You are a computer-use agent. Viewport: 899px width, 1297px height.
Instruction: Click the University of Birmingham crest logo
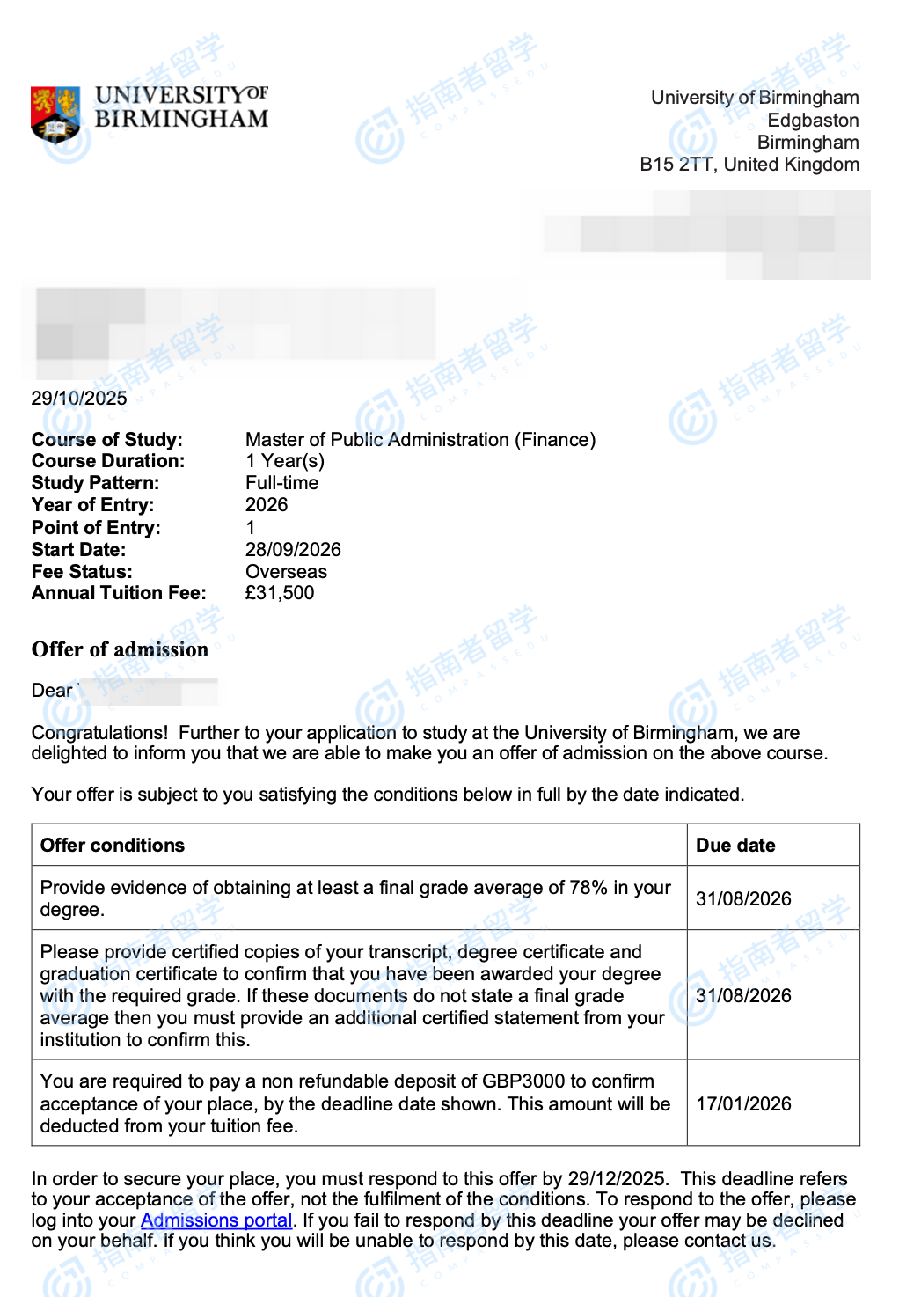tap(55, 114)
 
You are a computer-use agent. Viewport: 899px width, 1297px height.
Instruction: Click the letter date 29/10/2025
tap(79, 399)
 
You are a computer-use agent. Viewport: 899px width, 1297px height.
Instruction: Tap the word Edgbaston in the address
tap(813, 121)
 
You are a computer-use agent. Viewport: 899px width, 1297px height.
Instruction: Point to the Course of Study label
tap(107, 440)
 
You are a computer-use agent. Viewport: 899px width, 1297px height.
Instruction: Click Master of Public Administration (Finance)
tap(420, 440)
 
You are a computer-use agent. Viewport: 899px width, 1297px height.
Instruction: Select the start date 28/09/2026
tap(293, 550)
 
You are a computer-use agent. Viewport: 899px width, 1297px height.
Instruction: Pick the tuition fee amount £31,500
tap(280, 593)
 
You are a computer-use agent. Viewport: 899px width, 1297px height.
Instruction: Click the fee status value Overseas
tap(286, 572)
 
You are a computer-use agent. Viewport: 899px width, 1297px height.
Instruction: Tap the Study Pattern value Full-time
tap(281, 483)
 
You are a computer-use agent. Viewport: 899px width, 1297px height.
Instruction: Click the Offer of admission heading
tap(120, 649)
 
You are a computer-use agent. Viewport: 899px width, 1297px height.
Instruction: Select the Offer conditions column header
tap(113, 846)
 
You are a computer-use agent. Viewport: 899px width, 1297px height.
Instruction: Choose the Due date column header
tap(735, 846)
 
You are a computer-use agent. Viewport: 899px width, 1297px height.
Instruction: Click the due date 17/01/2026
tap(743, 1104)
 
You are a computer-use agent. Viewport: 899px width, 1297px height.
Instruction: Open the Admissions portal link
tap(216, 1220)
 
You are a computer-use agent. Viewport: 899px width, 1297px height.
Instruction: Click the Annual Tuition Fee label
tap(119, 593)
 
